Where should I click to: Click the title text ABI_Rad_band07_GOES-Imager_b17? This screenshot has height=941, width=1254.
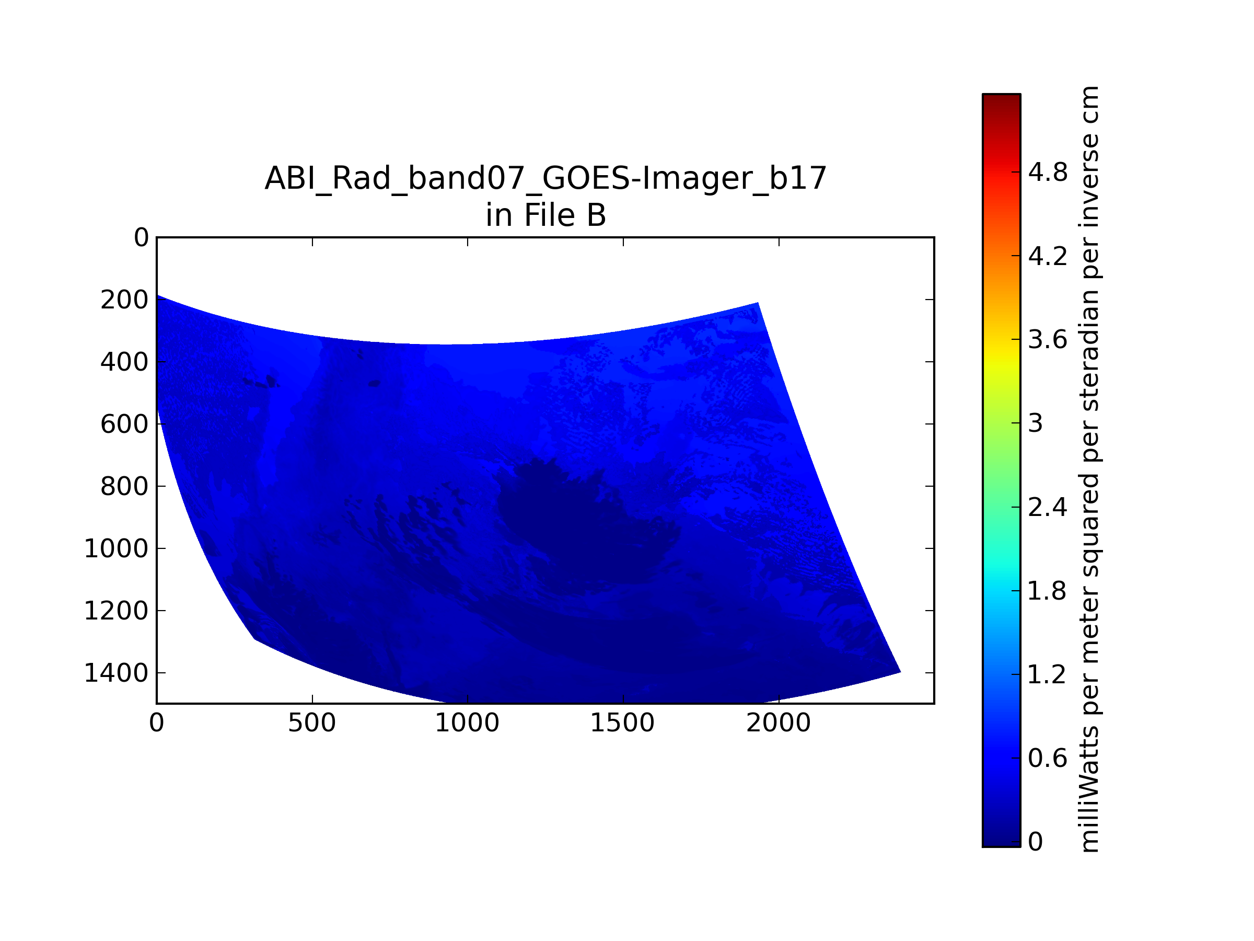tap(545, 179)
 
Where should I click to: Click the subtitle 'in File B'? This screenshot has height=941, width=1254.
tap(545, 215)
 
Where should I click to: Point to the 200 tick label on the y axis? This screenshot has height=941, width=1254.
tap(125, 300)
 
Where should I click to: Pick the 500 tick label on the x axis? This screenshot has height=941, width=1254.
tap(312, 723)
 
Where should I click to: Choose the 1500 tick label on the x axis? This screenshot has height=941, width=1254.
tap(622, 723)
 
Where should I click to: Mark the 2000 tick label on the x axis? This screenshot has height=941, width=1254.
tap(779, 723)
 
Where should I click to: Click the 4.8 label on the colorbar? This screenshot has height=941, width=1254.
tap(1048, 172)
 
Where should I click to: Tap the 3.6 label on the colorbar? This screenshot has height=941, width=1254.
tap(1048, 340)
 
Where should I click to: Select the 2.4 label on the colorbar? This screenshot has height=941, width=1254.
tap(1048, 507)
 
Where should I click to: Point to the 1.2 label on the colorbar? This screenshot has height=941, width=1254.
tap(1048, 674)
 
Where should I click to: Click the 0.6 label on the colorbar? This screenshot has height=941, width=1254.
tap(1048, 759)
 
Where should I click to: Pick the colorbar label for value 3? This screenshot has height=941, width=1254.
tap(1036, 423)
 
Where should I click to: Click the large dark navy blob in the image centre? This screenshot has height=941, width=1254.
tap(584, 527)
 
